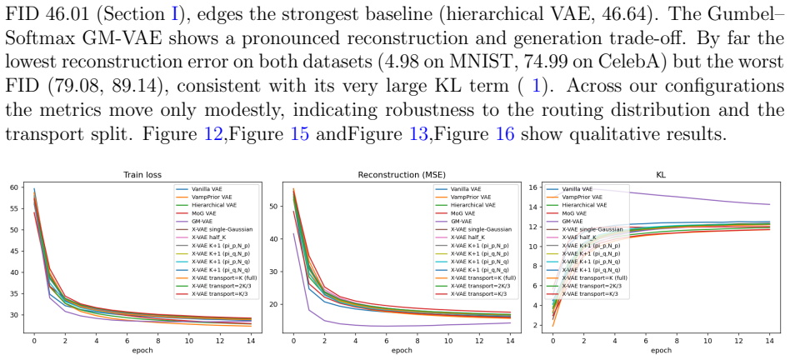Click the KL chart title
[x=662, y=175]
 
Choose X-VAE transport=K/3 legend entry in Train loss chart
[x=216, y=293]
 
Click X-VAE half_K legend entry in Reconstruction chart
[x=464, y=237]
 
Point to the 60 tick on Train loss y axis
[x=15, y=187]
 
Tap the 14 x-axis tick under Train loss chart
[x=251, y=340]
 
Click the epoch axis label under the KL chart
[x=661, y=350]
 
